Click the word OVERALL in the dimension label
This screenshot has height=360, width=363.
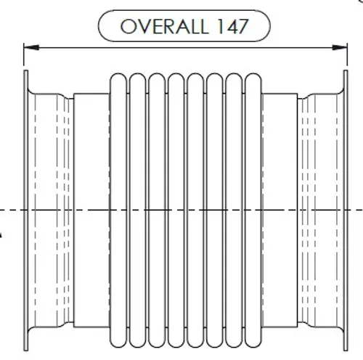click(164, 26)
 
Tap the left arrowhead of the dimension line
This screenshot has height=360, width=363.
click(31, 48)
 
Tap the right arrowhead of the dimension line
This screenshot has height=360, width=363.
click(340, 48)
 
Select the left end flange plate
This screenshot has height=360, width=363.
click(26, 210)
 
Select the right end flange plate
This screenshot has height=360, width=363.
click(346, 210)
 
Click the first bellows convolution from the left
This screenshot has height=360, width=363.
click(118, 210)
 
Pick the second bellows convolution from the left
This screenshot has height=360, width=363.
click(137, 210)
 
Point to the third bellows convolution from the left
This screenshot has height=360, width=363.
click(157, 210)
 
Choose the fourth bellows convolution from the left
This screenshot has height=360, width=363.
click(176, 210)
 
